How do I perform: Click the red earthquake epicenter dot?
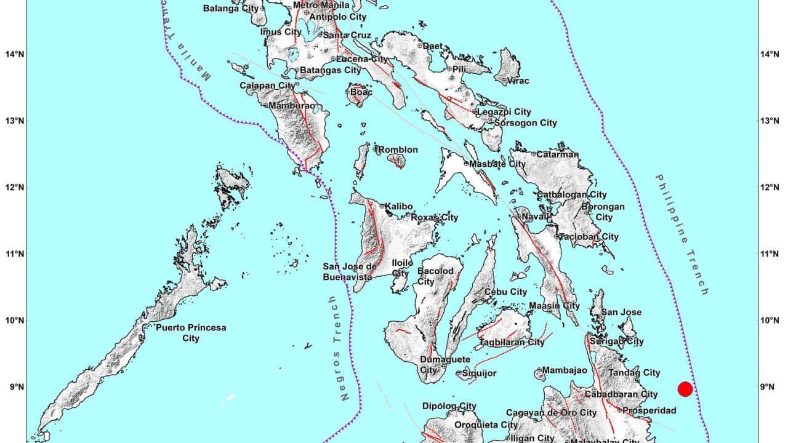tap(685, 389)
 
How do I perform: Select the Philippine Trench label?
tap(681, 234)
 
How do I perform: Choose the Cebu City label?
tap(506, 292)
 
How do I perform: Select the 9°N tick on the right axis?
tap(772, 387)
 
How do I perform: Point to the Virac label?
tap(518, 81)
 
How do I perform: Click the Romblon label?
tap(398, 150)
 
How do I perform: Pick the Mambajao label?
tap(561, 371)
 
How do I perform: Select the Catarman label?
tap(557, 154)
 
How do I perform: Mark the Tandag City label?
tap(634, 372)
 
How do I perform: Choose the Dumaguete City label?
tap(444, 364)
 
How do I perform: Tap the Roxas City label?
tap(435, 217)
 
